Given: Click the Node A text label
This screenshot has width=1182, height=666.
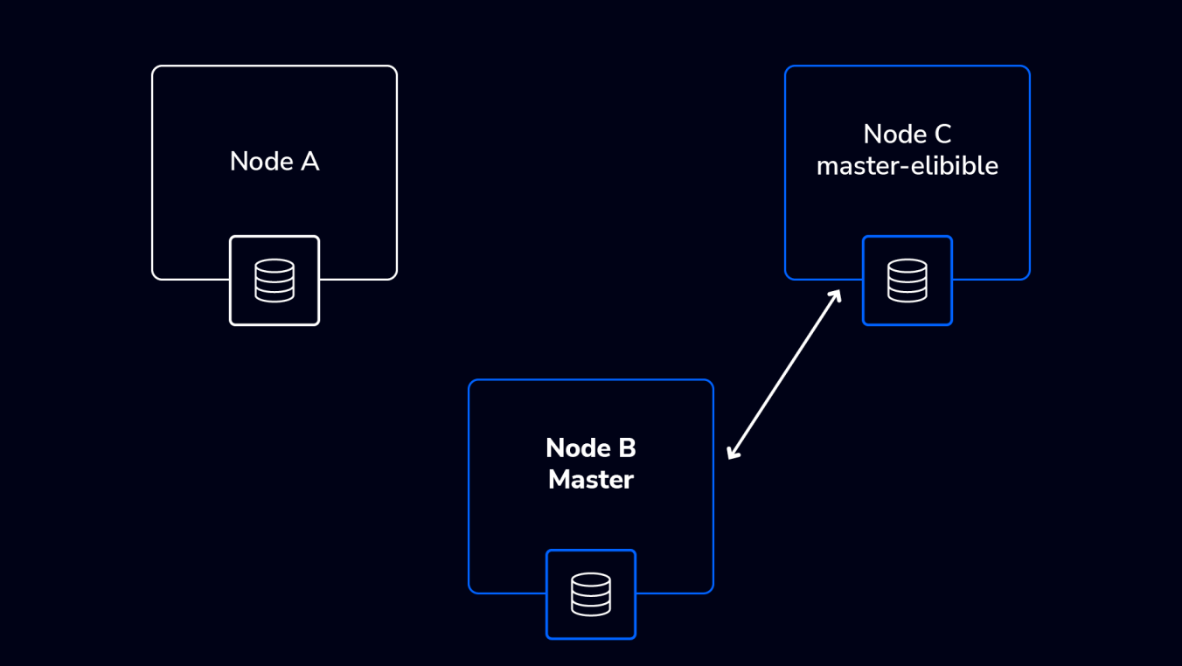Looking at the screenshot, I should coord(275,162).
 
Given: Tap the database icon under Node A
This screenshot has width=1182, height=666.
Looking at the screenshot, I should coord(275,281).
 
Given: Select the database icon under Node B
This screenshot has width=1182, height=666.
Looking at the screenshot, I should coord(591,594).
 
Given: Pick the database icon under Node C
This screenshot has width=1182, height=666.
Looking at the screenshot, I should coord(907,281).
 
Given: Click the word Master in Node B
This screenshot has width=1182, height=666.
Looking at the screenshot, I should coord(591,480).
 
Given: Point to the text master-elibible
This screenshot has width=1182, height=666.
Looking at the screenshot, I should coord(907,166).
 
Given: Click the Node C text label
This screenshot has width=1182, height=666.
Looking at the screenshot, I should coord(907,134).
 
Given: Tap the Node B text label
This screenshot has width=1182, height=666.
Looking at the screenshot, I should coord(591,447).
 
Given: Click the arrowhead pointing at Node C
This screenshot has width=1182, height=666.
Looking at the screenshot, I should coord(836,295).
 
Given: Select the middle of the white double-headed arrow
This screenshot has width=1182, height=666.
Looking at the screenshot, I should coord(784,374).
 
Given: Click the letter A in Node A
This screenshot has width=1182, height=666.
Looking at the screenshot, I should coord(309,162).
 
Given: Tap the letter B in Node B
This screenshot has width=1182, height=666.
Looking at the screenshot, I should coord(627,447).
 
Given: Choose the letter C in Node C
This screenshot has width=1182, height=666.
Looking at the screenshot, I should coord(942,134).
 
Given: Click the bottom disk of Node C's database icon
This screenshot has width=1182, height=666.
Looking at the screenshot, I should coord(907,295).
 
